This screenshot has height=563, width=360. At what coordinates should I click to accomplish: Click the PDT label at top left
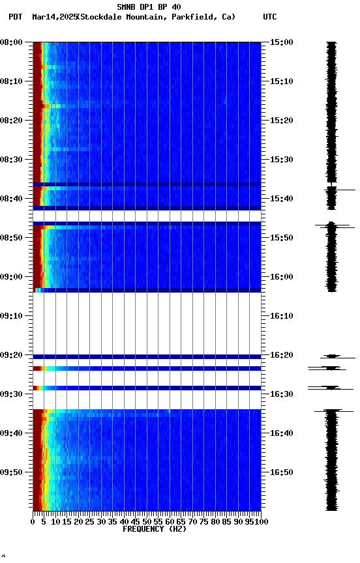click(16, 17)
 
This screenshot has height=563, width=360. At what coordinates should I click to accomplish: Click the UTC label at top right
click(270, 17)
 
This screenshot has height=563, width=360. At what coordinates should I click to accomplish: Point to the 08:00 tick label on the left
click(11, 42)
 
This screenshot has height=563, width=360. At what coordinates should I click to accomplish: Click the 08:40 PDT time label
click(11, 199)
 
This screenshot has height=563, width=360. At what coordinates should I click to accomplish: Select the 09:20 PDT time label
click(11, 355)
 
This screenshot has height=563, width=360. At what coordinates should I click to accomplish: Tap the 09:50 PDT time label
click(11, 472)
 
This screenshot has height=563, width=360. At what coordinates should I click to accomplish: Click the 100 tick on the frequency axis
click(261, 521)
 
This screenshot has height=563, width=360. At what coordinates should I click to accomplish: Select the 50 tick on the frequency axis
click(147, 521)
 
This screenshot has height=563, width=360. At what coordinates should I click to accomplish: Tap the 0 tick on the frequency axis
click(33, 521)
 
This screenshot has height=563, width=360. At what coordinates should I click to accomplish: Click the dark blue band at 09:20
click(147, 356)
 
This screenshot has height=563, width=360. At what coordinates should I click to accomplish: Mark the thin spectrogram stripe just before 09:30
click(147, 388)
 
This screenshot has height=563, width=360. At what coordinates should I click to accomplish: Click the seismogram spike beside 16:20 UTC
click(333, 356)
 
